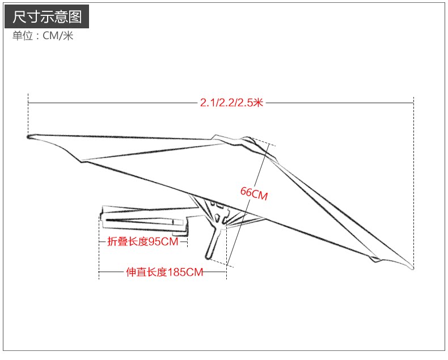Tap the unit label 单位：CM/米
tap(43, 36)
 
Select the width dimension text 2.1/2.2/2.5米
tap(231, 103)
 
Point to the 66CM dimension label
tap(253, 193)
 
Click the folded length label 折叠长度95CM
tap(143, 242)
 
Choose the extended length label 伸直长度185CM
tap(164, 272)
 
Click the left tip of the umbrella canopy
tap(29, 136)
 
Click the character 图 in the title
tap(75, 17)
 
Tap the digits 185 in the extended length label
tap(177, 272)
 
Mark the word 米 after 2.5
tap(259, 103)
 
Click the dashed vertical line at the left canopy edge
tap(28, 113)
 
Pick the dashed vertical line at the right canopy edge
tap(413, 170)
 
